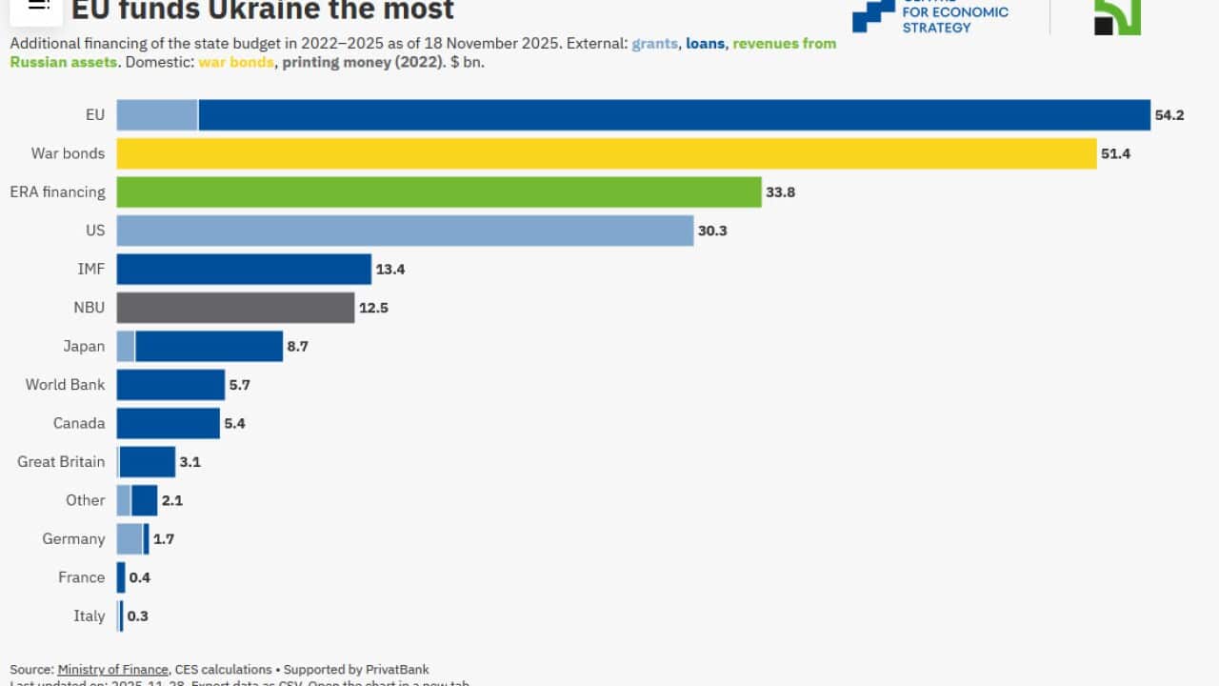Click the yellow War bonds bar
[x=607, y=153]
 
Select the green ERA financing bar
[x=439, y=192]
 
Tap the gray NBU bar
[x=235, y=308]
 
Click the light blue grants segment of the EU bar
[x=157, y=115]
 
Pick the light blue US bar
[x=405, y=231]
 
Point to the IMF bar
[x=244, y=269]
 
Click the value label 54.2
[x=1169, y=115]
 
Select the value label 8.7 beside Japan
[x=297, y=347]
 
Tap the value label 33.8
[x=779, y=192]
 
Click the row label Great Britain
[x=61, y=461]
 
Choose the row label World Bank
[x=65, y=384]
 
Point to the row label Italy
[x=89, y=615]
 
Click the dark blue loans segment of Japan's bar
[x=209, y=346]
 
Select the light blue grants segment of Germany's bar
[x=130, y=538]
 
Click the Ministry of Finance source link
[x=112, y=670]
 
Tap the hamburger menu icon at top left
[x=38, y=5]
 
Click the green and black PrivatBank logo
[x=1117, y=14]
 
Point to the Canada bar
[x=169, y=423]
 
